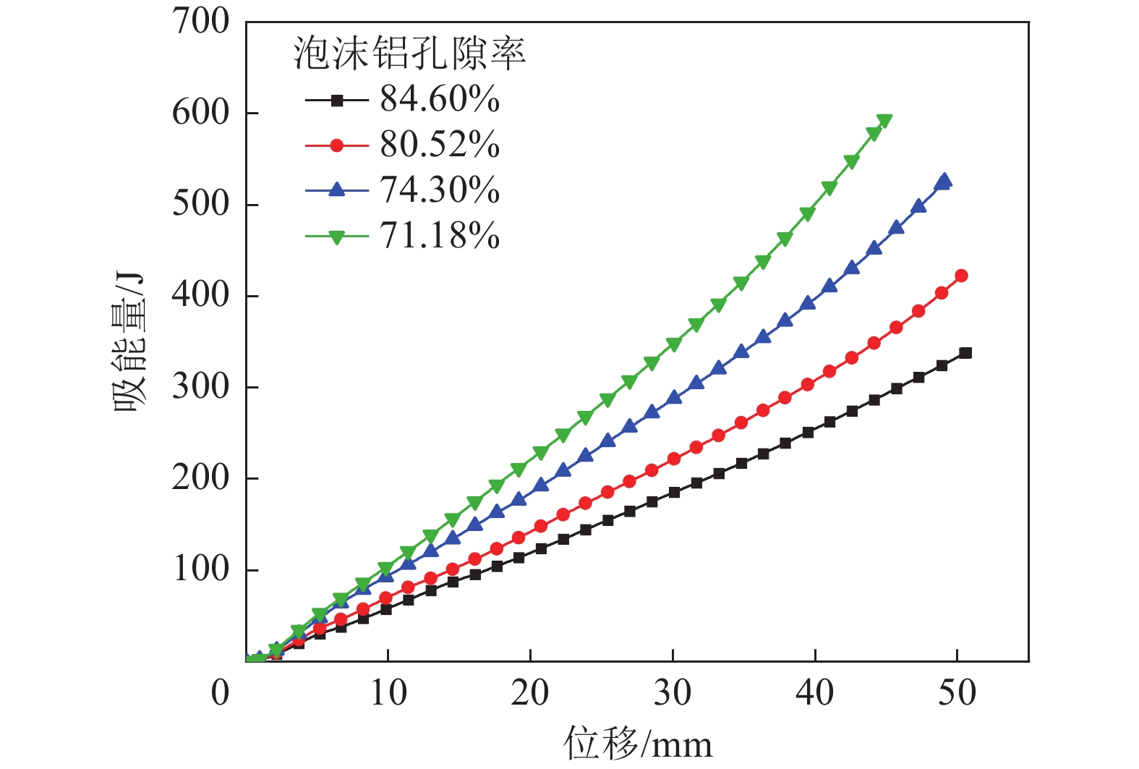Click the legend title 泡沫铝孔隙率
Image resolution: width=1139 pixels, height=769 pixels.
click(x=409, y=54)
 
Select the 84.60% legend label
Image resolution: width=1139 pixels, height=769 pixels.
click(x=440, y=100)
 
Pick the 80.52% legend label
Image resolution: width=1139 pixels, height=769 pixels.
click(x=440, y=145)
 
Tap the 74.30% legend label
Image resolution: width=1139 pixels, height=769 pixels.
click(x=440, y=190)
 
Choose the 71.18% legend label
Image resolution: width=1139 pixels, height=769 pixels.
click(x=440, y=236)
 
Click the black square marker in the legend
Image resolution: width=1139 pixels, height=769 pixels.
click(x=336, y=101)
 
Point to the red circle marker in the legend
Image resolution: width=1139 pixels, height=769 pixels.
click(x=336, y=145)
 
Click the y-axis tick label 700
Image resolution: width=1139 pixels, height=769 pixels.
click(x=201, y=22)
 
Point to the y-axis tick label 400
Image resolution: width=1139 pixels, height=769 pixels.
click(x=201, y=295)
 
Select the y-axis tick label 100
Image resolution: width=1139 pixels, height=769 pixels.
click(x=201, y=569)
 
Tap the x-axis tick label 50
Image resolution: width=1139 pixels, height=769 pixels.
click(x=957, y=692)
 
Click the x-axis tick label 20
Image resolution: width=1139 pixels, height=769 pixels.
click(x=530, y=692)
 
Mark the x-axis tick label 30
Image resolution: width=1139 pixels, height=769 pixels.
click(x=673, y=692)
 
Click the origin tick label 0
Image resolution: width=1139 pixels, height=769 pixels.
click(x=221, y=692)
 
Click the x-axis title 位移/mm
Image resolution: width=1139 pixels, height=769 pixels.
click(x=638, y=744)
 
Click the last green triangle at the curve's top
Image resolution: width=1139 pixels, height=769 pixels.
click(x=884, y=121)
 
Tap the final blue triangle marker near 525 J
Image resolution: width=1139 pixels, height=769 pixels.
click(x=944, y=181)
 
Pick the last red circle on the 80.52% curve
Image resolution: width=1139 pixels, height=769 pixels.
click(x=961, y=276)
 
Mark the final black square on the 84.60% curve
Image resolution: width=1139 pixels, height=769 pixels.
click(x=965, y=353)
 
